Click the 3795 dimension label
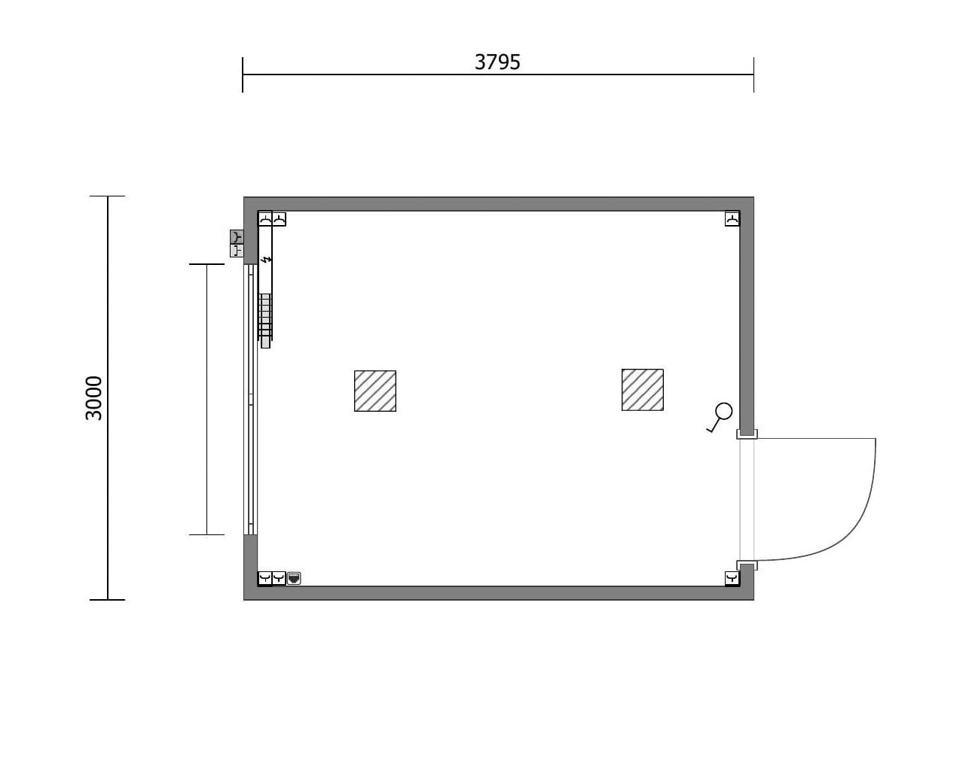point(497,62)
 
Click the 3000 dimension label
point(94,398)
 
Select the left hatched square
point(375,391)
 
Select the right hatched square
point(642,390)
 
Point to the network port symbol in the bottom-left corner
point(294,578)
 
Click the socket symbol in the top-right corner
point(732,219)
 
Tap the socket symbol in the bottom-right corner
point(732,578)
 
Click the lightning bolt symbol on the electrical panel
point(265,260)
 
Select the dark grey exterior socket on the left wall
point(237,237)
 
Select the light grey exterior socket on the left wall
point(237,251)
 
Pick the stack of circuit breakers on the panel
point(264,316)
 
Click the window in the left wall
point(251,399)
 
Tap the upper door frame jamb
point(747,434)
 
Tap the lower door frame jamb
point(747,565)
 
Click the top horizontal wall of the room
point(497,204)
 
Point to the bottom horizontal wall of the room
point(497,592)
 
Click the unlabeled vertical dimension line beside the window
point(206,399)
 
